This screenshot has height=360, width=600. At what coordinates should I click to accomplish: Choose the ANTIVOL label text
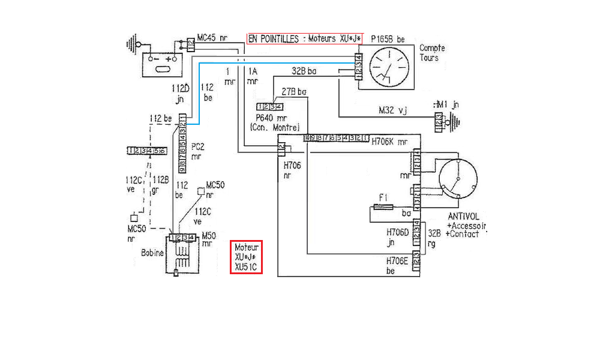463,217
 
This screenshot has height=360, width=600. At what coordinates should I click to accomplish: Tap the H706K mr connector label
389,142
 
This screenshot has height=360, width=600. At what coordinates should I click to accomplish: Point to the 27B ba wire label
294,92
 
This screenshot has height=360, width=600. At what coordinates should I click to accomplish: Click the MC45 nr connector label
211,38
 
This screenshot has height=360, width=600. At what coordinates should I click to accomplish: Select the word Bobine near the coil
152,253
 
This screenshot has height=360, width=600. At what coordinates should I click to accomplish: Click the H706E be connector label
398,265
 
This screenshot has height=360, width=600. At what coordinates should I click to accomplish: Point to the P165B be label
388,39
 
